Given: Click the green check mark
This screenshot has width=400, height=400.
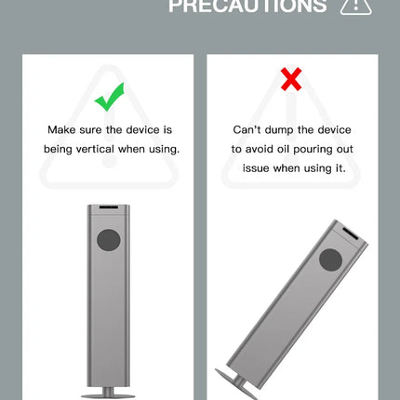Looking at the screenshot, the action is point(110,97).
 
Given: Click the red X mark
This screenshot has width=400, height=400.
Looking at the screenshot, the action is point(291,79).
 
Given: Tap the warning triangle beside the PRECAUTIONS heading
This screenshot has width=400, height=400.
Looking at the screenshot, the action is point(355,6).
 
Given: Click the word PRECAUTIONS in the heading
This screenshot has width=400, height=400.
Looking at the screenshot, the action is point(247,6).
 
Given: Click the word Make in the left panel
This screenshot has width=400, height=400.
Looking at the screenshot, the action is point(61,129).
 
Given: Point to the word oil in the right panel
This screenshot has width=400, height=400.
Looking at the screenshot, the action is point(283,149).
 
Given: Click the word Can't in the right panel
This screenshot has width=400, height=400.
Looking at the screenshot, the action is point(247,129).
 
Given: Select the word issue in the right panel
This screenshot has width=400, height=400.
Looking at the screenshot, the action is point(256,168).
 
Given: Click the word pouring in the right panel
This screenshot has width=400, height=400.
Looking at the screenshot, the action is point(313,150).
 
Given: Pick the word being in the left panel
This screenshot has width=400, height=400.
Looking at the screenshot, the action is point(58,150).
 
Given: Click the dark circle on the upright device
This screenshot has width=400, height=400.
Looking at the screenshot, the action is point(109,240).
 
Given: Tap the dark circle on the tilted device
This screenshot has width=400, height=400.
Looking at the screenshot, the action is point(331,260).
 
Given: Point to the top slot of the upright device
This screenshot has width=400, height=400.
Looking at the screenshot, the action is point(108,207).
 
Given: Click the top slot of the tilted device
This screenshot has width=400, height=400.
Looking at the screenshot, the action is point(351,233).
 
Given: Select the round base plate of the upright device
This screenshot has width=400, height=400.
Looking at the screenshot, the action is point(108,396).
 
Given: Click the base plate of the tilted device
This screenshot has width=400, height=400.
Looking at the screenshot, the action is point(235,384).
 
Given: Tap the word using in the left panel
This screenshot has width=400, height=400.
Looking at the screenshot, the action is point(165,150).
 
